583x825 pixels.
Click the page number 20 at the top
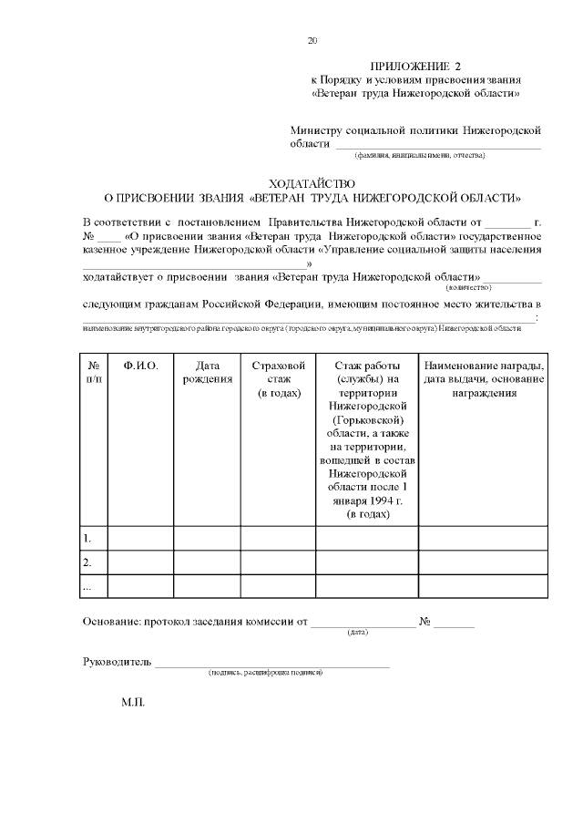(x=313, y=40)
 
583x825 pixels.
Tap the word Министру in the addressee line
(x=319, y=131)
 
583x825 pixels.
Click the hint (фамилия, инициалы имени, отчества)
(x=420, y=156)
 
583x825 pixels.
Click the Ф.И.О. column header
(x=140, y=366)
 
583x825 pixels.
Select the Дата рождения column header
(x=207, y=372)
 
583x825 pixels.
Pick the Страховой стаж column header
(x=277, y=378)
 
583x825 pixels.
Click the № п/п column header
(x=93, y=372)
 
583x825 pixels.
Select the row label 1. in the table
(x=87, y=538)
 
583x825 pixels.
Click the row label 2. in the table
(x=87, y=562)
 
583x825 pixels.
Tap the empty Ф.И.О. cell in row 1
(x=140, y=538)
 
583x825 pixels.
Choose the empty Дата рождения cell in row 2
(x=207, y=562)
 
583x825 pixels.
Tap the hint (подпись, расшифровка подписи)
(x=265, y=673)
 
